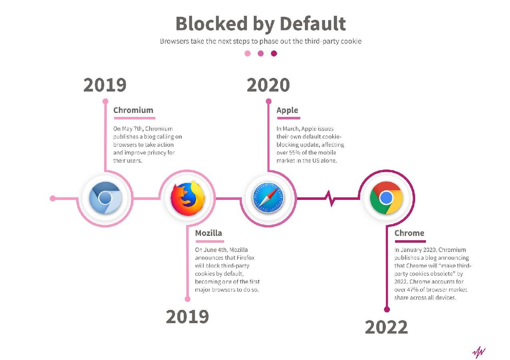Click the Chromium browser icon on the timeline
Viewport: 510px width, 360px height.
(105, 198)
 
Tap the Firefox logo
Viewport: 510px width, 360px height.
(187, 198)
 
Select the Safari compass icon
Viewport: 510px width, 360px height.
(268, 198)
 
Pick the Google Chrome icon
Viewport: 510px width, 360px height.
(386, 198)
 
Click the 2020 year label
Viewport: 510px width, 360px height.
(268, 85)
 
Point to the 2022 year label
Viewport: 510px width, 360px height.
(386, 327)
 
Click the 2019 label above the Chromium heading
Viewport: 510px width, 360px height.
(105, 85)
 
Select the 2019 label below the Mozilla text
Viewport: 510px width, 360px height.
(187, 316)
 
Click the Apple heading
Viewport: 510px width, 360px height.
(287, 110)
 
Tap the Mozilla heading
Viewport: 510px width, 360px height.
(209, 233)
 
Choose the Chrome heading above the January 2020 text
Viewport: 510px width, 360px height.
(409, 233)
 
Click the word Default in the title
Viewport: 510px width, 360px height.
(313, 24)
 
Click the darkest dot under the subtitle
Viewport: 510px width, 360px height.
(274, 54)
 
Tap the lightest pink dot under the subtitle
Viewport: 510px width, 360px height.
(248, 54)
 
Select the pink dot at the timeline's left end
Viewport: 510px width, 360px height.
(52, 198)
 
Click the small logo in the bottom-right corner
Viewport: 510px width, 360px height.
(479, 352)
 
